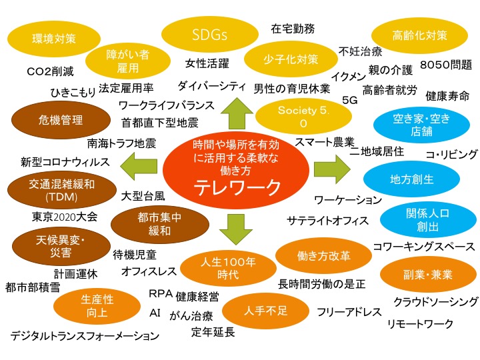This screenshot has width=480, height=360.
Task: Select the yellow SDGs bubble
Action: tap(206, 33)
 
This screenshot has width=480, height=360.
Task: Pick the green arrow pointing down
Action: tap(237, 229)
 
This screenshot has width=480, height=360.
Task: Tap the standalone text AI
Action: tap(155, 312)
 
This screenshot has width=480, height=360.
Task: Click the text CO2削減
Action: tap(50, 71)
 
